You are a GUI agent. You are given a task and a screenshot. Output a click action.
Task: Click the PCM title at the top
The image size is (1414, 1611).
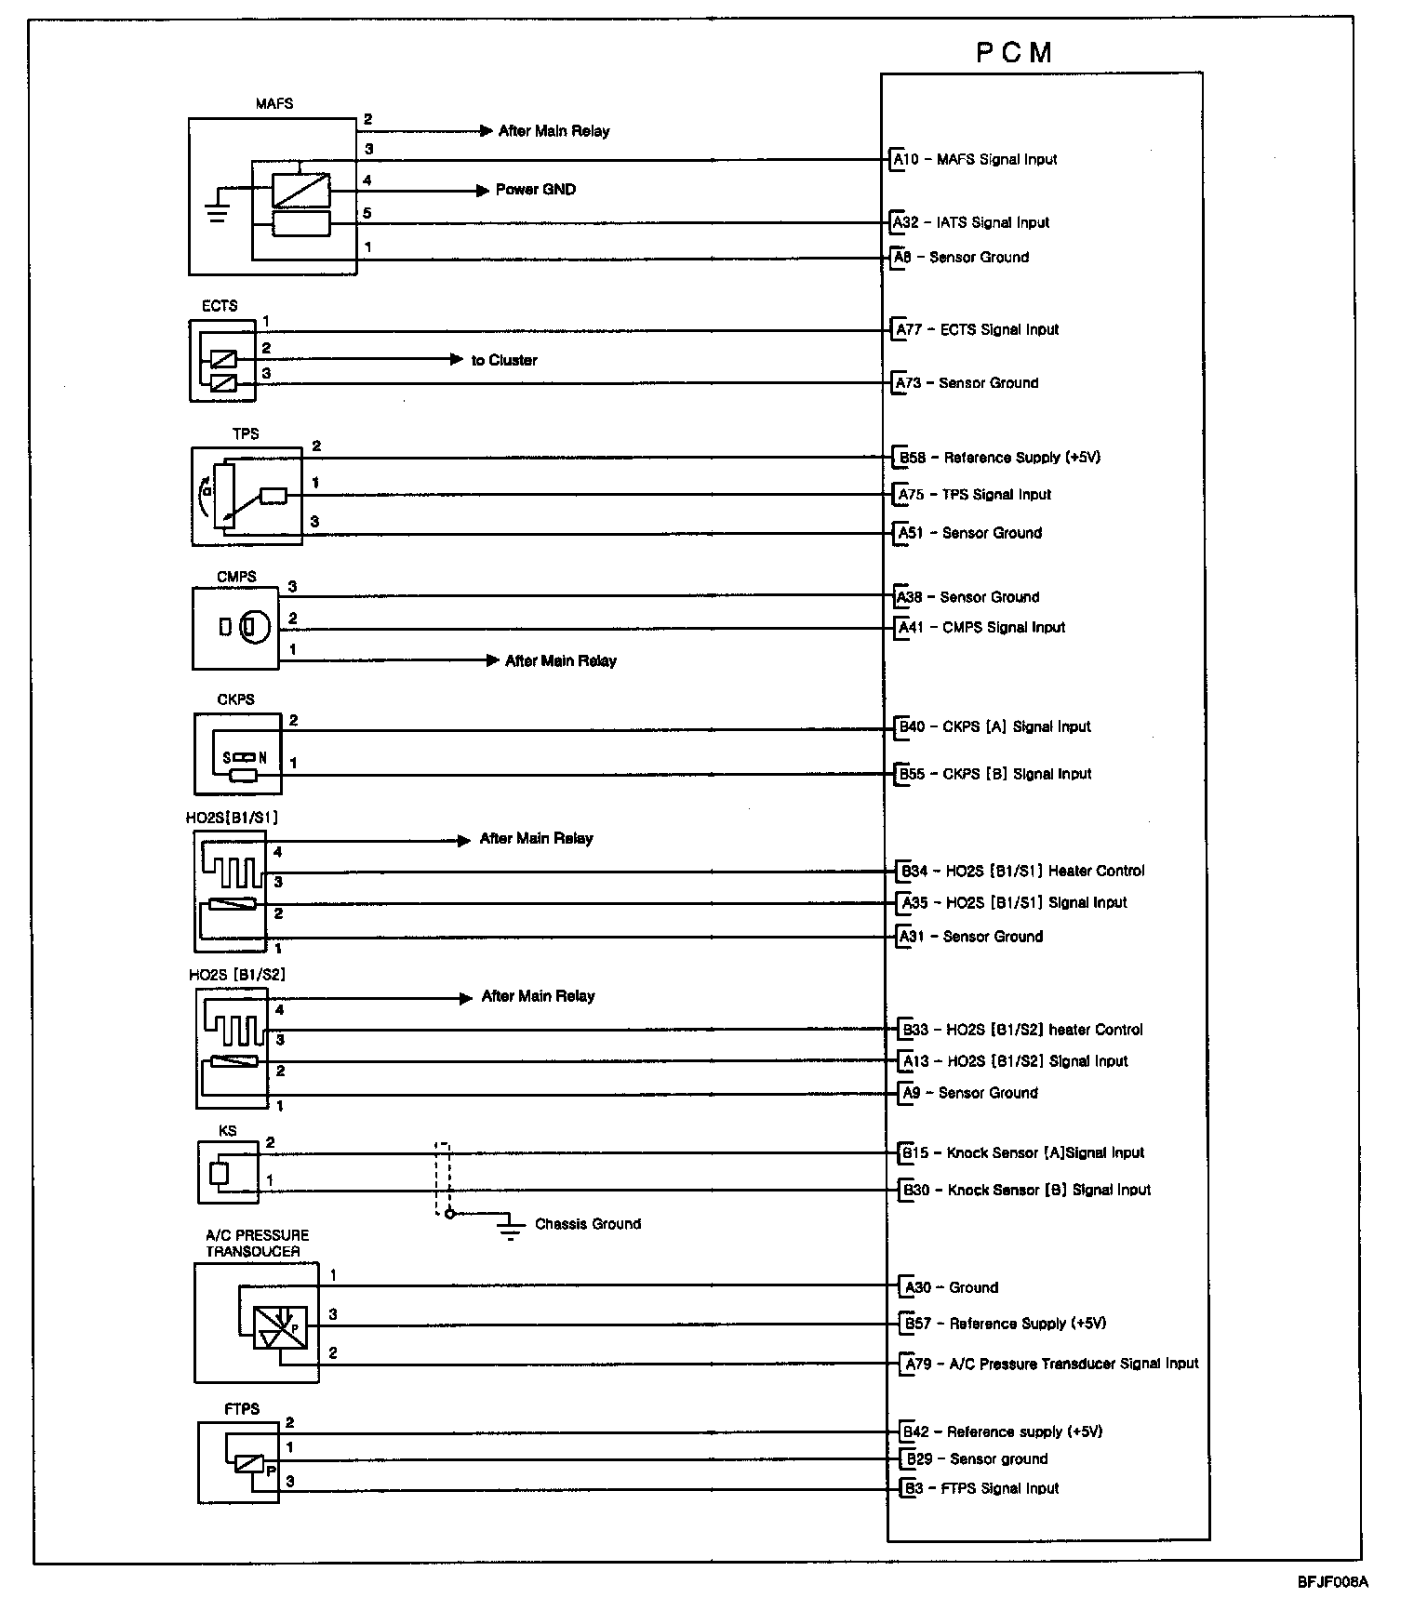point(1014,53)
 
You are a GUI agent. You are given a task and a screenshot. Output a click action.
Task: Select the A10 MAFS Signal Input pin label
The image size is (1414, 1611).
point(975,159)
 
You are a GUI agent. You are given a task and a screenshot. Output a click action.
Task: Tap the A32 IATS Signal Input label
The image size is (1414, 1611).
point(971,222)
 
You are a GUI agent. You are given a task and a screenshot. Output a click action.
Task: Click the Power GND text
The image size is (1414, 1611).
point(535,190)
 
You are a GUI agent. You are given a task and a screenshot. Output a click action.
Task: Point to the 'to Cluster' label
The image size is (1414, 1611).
point(503,360)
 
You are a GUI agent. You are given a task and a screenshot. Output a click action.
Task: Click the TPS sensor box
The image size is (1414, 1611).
point(247,496)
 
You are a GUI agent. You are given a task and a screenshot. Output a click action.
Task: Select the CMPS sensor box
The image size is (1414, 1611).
point(235,628)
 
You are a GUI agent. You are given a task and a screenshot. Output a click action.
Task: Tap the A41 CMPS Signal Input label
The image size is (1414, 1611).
point(981,628)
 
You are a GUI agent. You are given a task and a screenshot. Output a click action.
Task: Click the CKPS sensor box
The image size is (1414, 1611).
point(237,753)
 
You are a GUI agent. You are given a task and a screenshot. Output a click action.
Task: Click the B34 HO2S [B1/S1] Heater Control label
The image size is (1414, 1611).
point(1021,872)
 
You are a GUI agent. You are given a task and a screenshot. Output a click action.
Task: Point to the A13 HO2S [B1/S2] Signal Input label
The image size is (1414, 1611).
point(1014,1061)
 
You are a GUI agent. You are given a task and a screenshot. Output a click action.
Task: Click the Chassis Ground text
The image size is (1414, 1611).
point(587,1224)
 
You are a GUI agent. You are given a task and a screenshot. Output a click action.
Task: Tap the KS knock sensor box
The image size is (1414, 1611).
point(228,1172)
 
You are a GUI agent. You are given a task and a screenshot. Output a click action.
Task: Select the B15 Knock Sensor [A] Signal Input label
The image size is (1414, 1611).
point(1022,1153)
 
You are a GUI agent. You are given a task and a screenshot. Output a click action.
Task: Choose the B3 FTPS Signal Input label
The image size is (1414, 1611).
point(982,1488)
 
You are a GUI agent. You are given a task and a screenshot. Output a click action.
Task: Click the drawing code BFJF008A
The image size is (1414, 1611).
point(1333,1581)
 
